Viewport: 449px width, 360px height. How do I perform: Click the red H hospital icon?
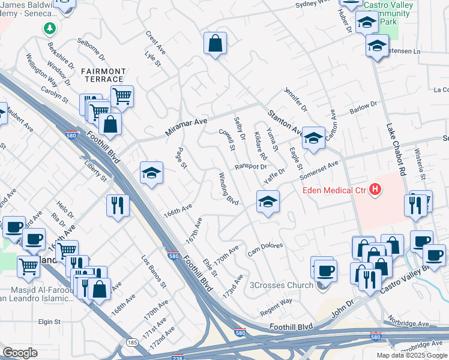(x=375, y=190)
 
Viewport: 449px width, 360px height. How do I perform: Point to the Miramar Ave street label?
(x=186, y=126)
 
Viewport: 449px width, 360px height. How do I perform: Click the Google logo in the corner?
(x=20, y=353)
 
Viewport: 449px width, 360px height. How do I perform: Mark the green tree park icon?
(x=51, y=28)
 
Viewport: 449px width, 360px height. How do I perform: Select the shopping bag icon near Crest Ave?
(x=214, y=44)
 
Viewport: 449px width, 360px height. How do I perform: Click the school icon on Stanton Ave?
(x=313, y=138)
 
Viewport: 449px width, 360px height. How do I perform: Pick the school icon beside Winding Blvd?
(x=268, y=201)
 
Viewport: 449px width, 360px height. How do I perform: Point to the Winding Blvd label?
(x=229, y=188)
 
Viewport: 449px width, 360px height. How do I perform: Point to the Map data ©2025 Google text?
(x=411, y=355)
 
